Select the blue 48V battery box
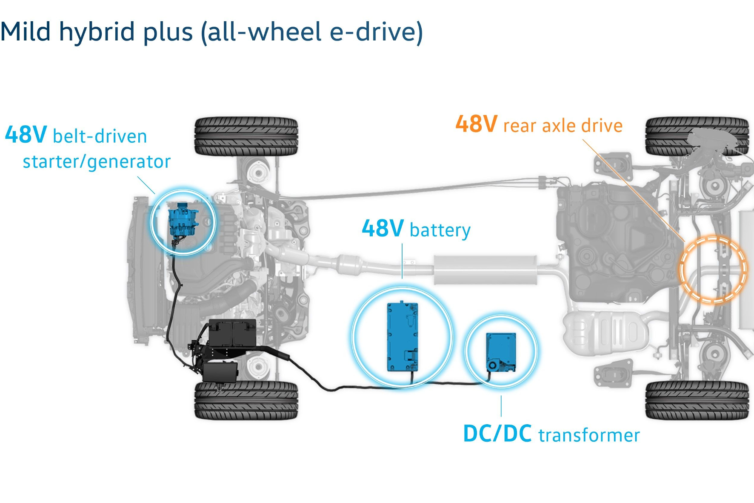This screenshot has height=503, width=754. [402, 336]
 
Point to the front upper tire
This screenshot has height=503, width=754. [246, 136]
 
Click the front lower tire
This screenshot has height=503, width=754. [246, 400]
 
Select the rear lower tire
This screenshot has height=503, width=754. [697, 400]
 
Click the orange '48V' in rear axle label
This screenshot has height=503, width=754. [476, 124]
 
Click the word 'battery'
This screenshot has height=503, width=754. [440, 230]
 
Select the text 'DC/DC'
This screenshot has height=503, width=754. [497, 434]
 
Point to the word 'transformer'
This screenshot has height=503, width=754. [589, 435]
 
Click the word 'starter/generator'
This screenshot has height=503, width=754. [97, 162]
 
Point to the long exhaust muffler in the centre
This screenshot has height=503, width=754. [485, 269]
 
